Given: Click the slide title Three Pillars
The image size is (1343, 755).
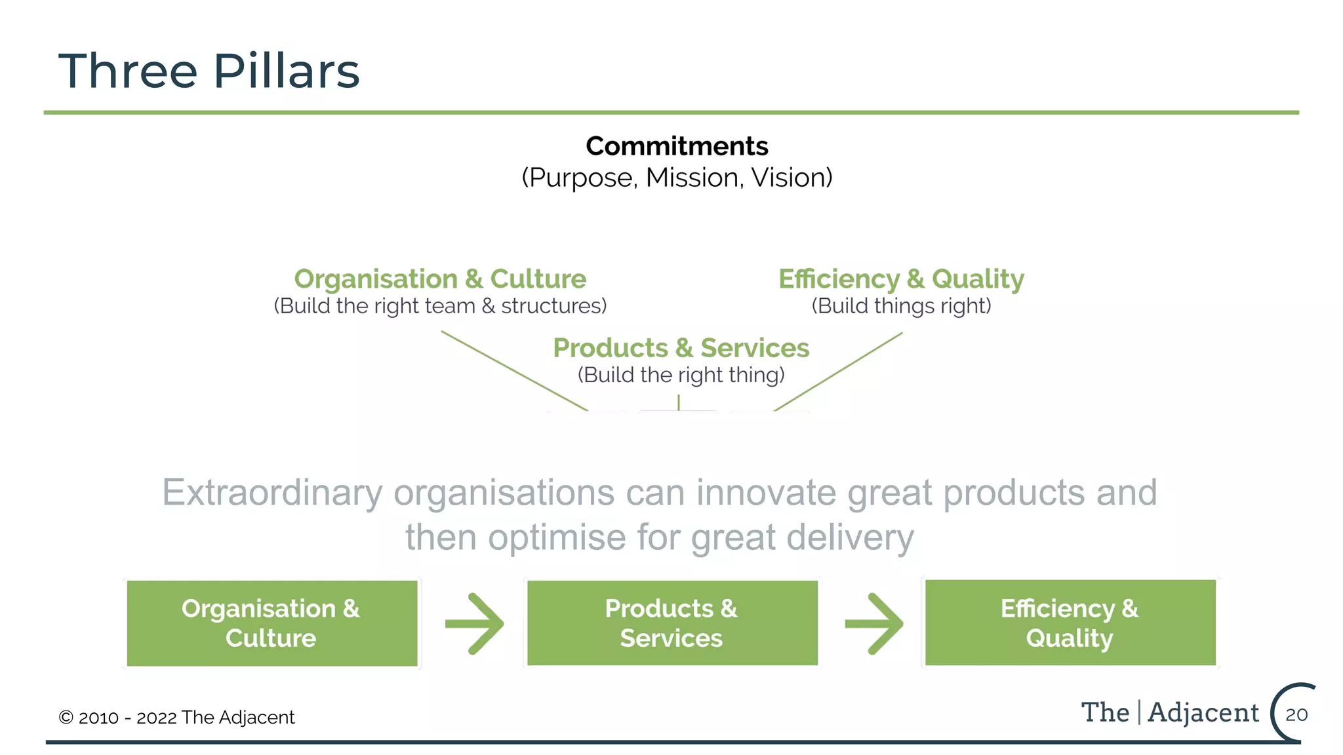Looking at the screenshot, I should [x=209, y=71].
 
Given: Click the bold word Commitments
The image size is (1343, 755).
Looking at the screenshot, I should [x=677, y=146].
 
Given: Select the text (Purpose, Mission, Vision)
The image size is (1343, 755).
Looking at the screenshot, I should [x=677, y=178].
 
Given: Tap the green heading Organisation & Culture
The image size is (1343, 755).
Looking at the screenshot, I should [x=440, y=279].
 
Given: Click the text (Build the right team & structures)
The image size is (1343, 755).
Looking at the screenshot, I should [x=440, y=306].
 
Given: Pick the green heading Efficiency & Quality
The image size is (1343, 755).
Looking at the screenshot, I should [x=901, y=279].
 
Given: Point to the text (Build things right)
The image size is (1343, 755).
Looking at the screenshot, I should [x=901, y=306].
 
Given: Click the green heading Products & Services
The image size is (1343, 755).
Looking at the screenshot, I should [x=681, y=348].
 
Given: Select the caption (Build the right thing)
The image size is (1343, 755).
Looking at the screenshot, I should [x=681, y=375].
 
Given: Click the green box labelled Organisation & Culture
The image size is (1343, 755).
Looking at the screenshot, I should [x=271, y=623].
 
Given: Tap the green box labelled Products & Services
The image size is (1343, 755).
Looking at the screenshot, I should [x=672, y=623].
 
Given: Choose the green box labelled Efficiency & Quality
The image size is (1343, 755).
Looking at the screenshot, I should [x=1070, y=623].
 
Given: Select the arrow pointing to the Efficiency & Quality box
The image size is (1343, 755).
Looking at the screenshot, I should [x=874, y=624].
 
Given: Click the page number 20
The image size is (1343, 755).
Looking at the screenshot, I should [x=1296, y=714].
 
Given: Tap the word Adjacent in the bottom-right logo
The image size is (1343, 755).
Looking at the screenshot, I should [x=1203, y=712].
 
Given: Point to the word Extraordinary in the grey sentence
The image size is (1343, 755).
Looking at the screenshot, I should [x=272, y=493].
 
